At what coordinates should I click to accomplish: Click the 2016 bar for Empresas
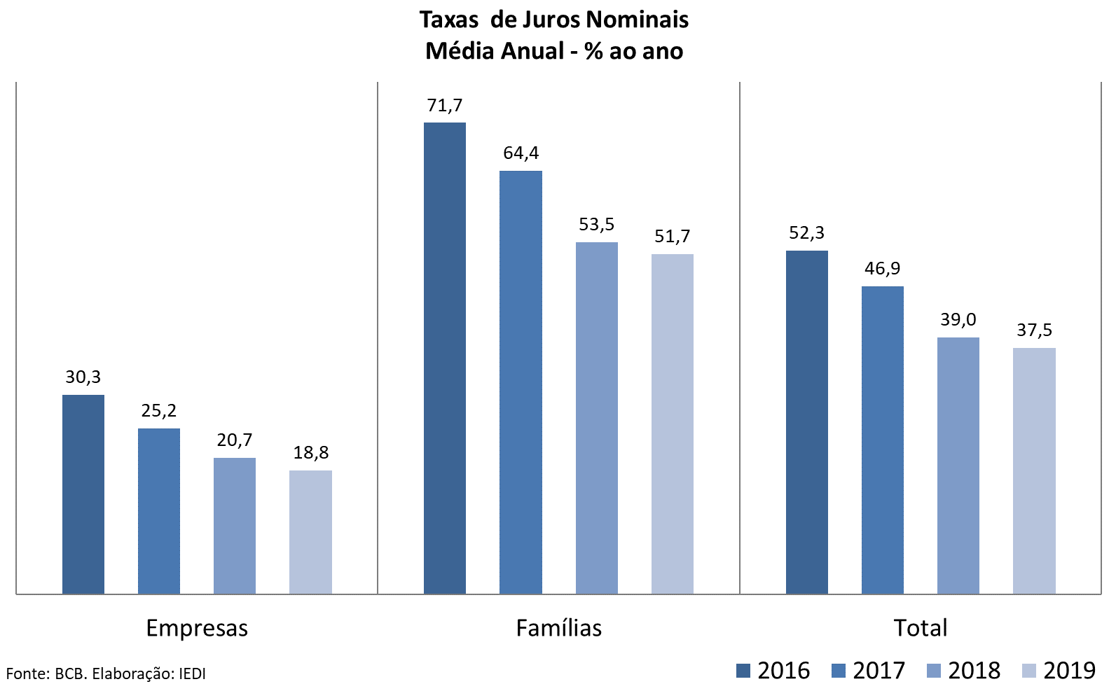tap(83, 494)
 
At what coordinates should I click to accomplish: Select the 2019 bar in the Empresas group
tap(310, 532)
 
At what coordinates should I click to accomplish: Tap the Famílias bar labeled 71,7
tap(445, 358)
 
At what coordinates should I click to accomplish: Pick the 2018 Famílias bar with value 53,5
tap(597, 418)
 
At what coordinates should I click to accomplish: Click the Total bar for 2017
tap(883, 440)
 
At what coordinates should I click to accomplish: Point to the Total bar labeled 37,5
tap(1034, 470)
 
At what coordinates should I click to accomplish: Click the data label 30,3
tap(83, 377)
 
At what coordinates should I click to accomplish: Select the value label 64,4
tap(521, 153)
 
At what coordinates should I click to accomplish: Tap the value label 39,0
tap(958, 320)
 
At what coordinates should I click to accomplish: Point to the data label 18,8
tap(311, 453)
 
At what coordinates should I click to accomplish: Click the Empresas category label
tap(197, 628)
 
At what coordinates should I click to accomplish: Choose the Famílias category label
tap(559, 628)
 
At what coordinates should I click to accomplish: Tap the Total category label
tap(921, 628)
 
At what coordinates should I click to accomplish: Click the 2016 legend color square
tap(743, 671)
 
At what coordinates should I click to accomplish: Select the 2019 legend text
tap(1069, 671)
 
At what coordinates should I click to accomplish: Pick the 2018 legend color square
tap(933, 671)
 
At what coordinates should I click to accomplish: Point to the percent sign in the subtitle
tap(594, 51)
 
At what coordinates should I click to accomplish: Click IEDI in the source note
tap(192, 674)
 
